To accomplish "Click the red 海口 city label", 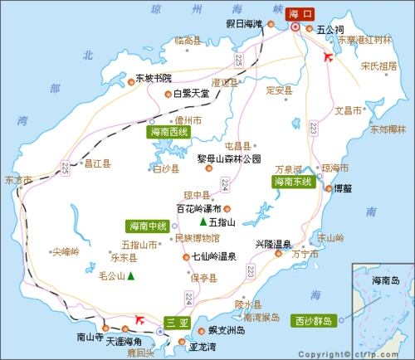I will click(x=300, y=13).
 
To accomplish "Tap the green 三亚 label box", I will click(x=174, y=322).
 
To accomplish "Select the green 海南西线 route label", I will click(x=168, y=131).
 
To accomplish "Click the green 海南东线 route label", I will click(x=293, y=181).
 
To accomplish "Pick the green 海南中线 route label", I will click(x=146, y=226).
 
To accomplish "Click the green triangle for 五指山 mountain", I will click(x=203, y=222).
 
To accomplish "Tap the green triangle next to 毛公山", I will click(x=130, y=276).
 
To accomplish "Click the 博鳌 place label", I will click(x=343, y=188).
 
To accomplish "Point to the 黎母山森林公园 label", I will click(x=228, y=158).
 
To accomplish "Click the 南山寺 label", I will click(x=89, y=338).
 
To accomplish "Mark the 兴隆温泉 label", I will click(x=273, y=243).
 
